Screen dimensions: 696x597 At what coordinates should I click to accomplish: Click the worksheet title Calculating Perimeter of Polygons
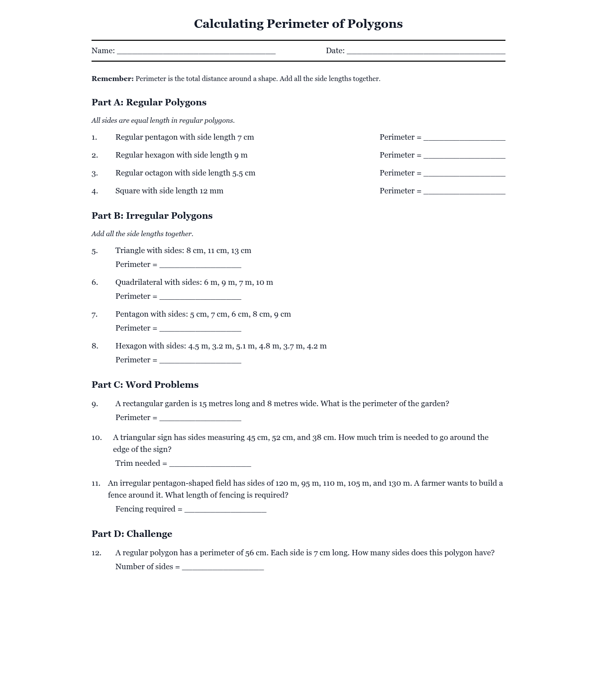point(298,24)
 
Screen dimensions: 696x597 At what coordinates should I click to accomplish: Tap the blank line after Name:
point(196,51)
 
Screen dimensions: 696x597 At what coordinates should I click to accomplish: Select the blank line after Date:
point(426,51)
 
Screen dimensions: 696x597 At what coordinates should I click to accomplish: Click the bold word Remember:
point(112,79)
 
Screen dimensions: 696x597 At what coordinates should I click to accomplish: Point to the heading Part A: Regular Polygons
point(149,102)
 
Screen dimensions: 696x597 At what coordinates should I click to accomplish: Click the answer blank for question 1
point(464,138)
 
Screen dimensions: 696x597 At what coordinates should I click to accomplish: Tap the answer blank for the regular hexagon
point(464,156)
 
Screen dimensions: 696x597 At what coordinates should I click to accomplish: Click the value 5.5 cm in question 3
point(244,173)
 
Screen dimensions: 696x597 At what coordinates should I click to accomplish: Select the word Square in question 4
point(128,191)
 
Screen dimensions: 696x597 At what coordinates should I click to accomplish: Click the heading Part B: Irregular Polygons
point(152,216)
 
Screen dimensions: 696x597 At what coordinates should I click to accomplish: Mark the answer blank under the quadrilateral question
point(200,297)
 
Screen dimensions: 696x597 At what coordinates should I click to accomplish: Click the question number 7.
point(95,314)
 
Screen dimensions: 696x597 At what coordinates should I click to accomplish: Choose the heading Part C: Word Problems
point(145,385)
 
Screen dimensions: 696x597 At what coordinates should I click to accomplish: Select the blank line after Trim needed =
point(210,464)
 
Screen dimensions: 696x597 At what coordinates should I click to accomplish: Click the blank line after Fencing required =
point(225,510)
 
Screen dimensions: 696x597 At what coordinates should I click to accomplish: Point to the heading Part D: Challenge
point(132,534)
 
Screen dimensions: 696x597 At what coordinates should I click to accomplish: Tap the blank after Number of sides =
point(223,567)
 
